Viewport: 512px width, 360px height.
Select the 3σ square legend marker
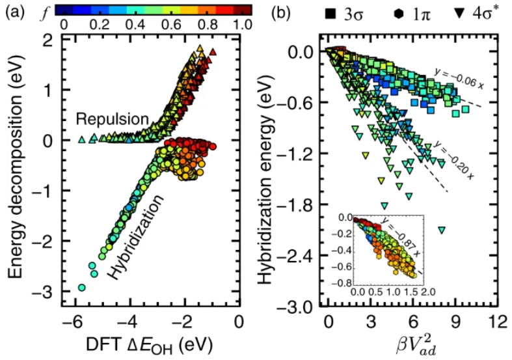coord(320,12)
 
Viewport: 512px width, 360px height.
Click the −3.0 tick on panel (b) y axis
coord(300,306)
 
